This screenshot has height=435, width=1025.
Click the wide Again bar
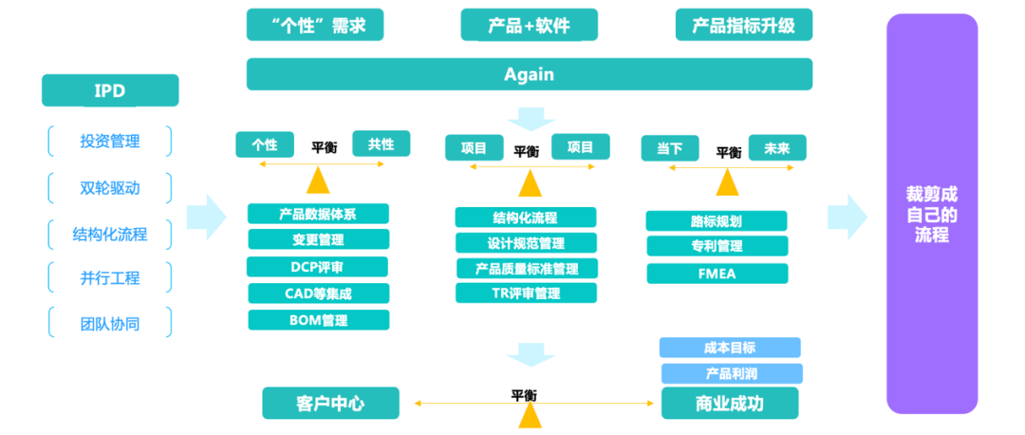[x=529, y=74]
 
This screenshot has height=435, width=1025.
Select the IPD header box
[x=110, y=91]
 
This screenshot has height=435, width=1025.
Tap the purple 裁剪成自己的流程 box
[x=931, y=214]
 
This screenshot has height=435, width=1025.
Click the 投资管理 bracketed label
[x=110, y=142]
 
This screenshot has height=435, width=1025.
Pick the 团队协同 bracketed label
[x=110, y=323]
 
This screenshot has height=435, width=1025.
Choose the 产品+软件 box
[x=529, y=25]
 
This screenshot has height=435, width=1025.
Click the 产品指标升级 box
[x=744, y=25]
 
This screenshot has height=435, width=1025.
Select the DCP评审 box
[x=318, y=267]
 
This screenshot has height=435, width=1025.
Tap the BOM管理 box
[x=318, y=320]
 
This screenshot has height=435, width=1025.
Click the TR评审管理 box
[x=526, y=293]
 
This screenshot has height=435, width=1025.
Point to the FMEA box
[x=717, y=274]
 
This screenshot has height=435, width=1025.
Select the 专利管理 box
[x=717, y=247]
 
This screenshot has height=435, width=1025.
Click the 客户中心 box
[x=329, y=403]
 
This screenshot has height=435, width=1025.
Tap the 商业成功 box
[x=730, y=403]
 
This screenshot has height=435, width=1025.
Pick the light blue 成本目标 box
[x=730, y=348]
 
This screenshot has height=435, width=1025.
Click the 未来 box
[x=776, y=148]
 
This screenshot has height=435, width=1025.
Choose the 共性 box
[x=381, y=144]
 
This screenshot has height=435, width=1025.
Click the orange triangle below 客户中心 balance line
[x=530, y=415]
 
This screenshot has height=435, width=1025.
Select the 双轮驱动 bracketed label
[x=110, y=187]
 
